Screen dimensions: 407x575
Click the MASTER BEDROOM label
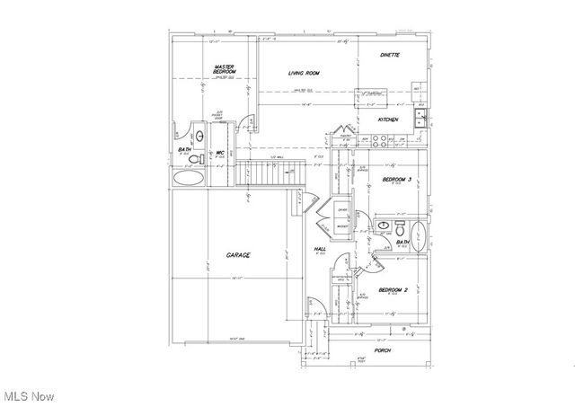[x=224, y=71]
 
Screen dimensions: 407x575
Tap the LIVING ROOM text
[x=305, y=73]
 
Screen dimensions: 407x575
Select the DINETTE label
[x=388, y=56]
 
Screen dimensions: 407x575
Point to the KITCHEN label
[x=387, y=119]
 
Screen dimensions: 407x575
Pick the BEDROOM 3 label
[x=396, y=181]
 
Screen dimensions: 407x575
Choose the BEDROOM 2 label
[x=394, y=289]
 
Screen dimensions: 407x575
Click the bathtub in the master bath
[x=187, y=179]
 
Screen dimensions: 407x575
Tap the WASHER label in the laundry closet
[x=342, y=226]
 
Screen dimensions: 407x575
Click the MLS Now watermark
[x=28, y=395]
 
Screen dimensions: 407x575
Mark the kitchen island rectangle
[x=370, y=93]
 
